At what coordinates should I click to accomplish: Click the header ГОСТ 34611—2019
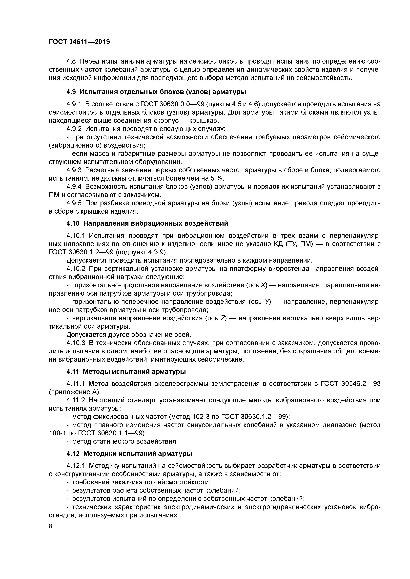click(x=79, y=42)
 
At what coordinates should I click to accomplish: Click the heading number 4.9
click(x=71, y=92)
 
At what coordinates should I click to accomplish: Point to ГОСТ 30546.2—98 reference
click(x=350, y=384)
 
